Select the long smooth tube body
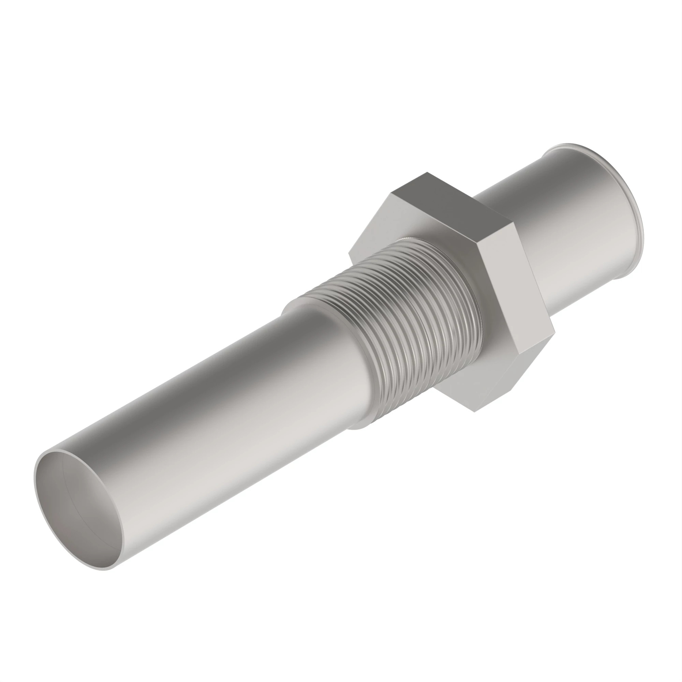pyautogui.click(x=212, y=417)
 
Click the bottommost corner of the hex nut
pyautogui.click(x=474, y=412)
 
